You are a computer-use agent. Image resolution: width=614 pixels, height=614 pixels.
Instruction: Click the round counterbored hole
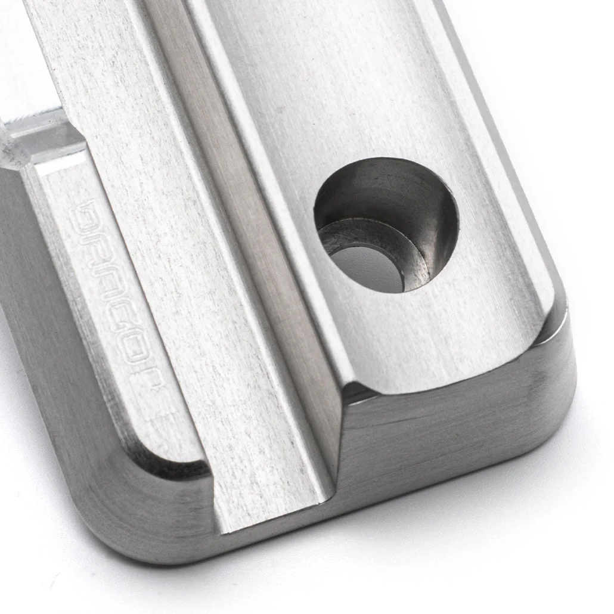(x=386, y=225)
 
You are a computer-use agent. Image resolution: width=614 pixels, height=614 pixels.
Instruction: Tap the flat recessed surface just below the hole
(x=429, y=340)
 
